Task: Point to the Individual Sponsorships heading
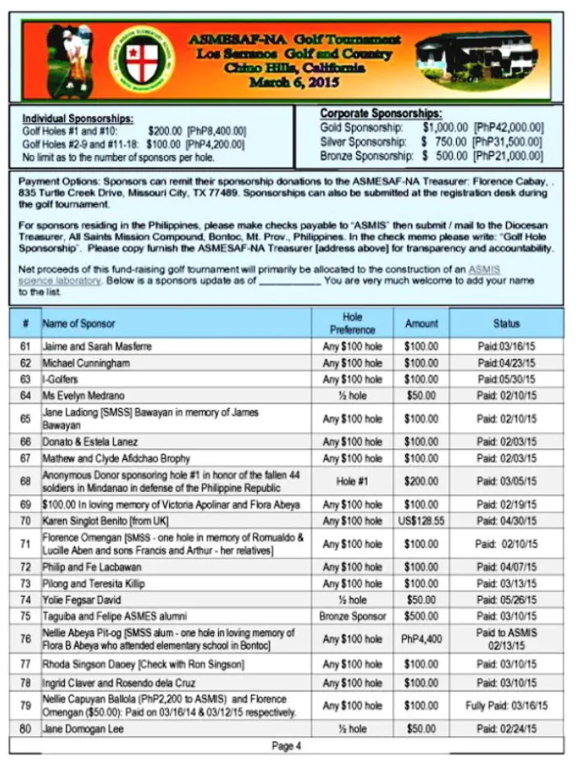click(78, 119)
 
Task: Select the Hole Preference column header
click(352, 323)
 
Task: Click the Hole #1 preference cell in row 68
click(352, 481)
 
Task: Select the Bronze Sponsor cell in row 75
click(352, 615)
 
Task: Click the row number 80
click(25, 728)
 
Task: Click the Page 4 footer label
click(286, 746)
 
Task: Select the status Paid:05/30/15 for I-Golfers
click(506, 379)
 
